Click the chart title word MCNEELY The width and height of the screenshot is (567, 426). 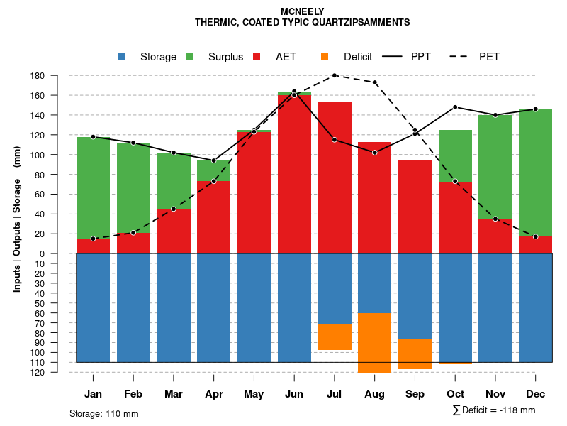click(303, 12)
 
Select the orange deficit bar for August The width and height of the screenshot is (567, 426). click(374, 342)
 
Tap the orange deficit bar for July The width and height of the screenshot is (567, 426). click(335, 337)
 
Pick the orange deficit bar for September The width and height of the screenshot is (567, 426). click(415, 354)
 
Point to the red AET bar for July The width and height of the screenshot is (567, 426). click(335, 177)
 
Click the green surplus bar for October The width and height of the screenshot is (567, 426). click(455, 156)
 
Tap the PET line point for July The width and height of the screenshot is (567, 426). click(335, 75)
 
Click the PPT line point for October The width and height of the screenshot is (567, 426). click(455, 107)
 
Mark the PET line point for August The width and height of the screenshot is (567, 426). click(374, 82)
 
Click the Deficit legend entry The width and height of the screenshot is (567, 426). click(347, 57)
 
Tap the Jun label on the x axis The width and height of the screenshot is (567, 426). click(293, 394)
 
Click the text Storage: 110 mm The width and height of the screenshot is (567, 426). click(103, 413)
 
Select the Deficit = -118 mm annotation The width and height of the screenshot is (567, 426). click(494, 410)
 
